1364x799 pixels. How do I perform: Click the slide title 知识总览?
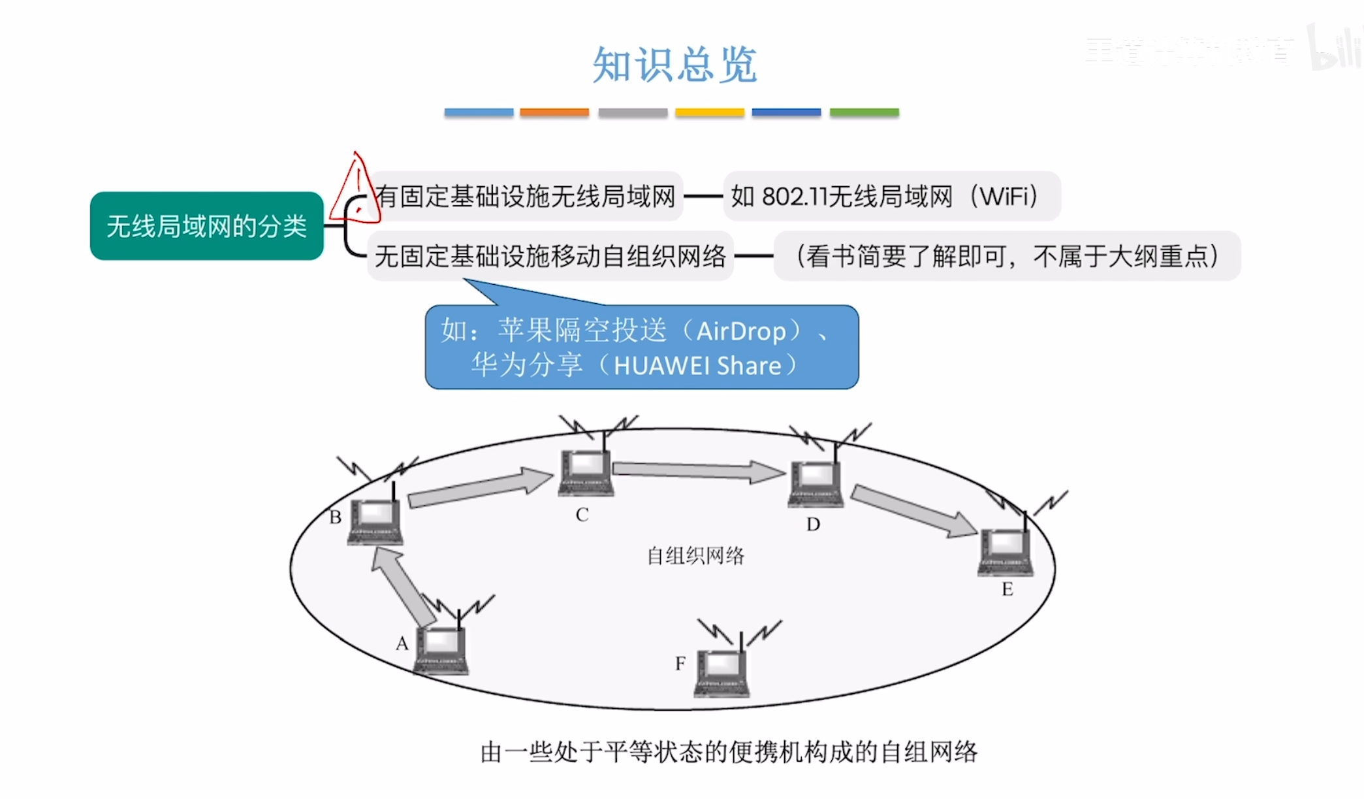point(674,65)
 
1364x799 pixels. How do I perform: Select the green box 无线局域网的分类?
point(206,226)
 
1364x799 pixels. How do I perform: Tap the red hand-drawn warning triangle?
point(355,189)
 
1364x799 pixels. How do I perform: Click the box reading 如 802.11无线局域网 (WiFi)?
point(891,196)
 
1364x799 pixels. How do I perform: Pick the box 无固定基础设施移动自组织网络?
point(550,256)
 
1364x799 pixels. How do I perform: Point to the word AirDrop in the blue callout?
point(740,331)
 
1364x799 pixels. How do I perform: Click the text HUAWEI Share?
point(697,365)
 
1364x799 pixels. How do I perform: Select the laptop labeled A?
point(441,650)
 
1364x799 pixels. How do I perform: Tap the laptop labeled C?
point(586,472)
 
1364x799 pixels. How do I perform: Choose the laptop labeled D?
point(815,483)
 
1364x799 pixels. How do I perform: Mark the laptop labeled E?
point(1006,552)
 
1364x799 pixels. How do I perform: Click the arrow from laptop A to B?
point(403,585)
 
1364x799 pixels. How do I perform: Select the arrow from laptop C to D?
point(698,470)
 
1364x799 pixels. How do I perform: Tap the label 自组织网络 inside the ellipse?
point(695,556)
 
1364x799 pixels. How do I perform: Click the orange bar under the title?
point(554,112)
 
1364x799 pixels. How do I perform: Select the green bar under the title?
point(864,112)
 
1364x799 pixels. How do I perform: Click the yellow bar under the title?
point(709,112)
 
